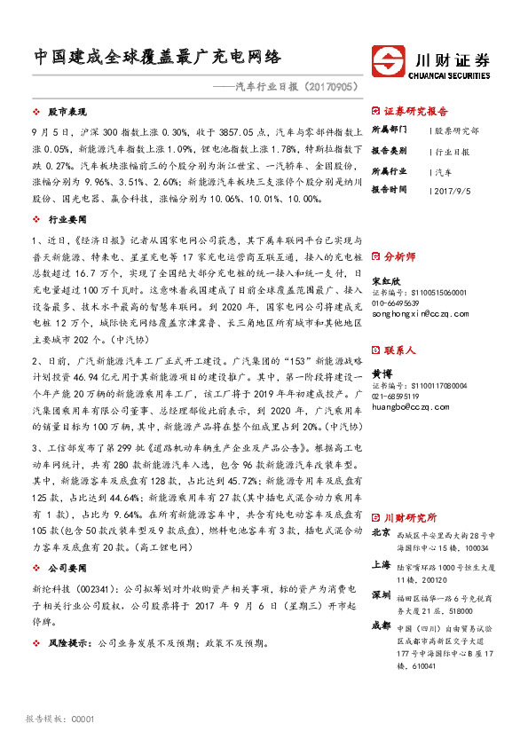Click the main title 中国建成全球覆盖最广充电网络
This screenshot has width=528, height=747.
[158, 58]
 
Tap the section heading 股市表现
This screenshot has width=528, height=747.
[65, 114]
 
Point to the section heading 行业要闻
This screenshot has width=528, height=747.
[65, 216]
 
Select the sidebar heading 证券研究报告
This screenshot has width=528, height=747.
[416, 112]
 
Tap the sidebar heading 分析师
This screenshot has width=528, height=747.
[398, 256]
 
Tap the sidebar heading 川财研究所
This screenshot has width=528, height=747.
[410, 516]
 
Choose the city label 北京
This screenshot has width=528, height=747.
[381, 532]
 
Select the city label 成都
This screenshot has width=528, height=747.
[381, 625]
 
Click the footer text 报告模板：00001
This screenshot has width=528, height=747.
[60, 719]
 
